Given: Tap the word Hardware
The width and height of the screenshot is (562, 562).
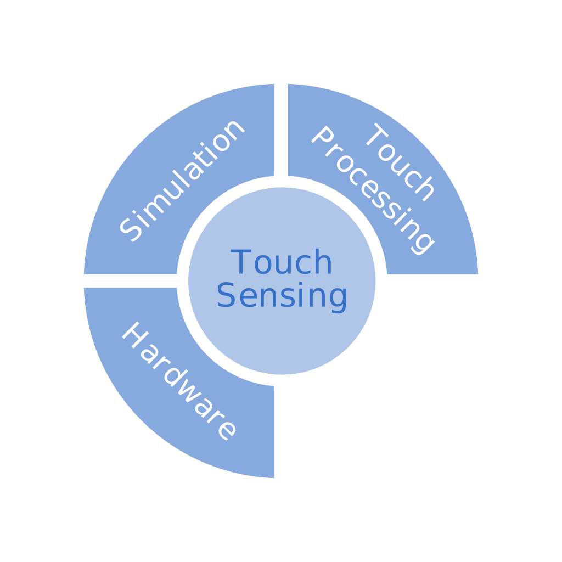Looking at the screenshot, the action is (x=179, y=381).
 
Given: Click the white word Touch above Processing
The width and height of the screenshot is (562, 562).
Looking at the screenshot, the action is (x=400, y=162).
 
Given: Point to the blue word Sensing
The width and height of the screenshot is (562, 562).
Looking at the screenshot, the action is (x=282, y=296).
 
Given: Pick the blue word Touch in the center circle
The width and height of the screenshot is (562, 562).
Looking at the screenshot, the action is (x=282, y=263).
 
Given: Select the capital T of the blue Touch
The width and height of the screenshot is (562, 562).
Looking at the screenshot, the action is (x=240, y=262).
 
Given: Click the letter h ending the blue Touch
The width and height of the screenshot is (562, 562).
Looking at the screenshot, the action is (x=323, y=262).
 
